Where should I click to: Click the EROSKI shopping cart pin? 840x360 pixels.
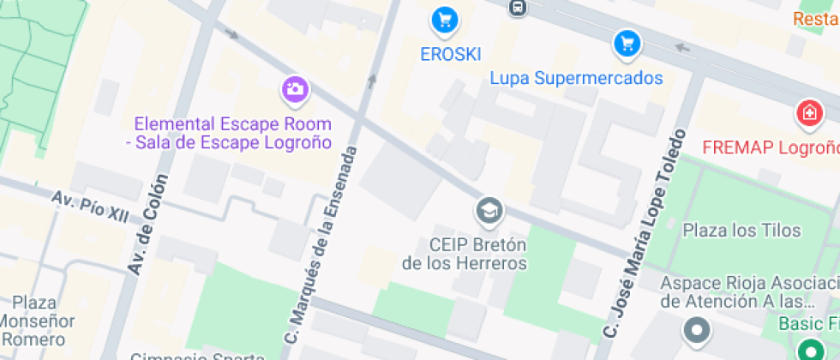point(443,19)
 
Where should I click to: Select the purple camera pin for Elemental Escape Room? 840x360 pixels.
point(294,88)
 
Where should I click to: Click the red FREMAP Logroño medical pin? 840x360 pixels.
point(807,112)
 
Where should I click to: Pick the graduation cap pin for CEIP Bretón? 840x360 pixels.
point(489,210)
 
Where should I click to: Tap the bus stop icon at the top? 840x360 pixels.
point(517,8)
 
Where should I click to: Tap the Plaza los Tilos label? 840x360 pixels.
point(741,230)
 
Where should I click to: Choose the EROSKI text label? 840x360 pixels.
point(450,53)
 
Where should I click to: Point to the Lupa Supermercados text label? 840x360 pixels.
point(576,78)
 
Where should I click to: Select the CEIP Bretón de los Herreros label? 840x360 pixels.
point(465,254)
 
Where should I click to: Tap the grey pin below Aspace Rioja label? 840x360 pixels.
point(695,329)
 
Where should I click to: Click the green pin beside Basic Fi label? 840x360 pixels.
point(807,349)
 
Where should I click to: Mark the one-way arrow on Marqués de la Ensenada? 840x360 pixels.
point(372,81)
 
